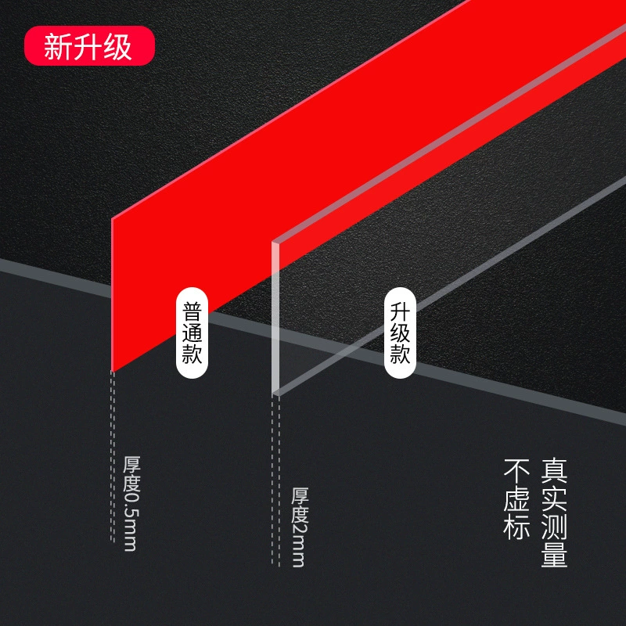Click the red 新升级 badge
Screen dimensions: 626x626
pos(89,45)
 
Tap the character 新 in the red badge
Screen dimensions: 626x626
pos(58,46)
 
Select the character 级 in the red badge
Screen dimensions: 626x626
pos(118,46)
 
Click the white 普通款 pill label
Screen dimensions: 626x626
pos(192,333)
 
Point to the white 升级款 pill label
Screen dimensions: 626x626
pos(400,333)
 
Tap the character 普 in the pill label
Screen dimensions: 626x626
pos(192,311)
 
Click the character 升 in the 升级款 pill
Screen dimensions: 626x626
pos(400,311)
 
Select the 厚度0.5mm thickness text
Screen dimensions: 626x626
pos(131,503)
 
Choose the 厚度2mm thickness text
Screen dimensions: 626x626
pos(300,527)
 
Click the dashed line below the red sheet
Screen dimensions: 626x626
pos(113,456)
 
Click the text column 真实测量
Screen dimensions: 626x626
pos(554,513)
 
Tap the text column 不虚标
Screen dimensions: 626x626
pos(516,499)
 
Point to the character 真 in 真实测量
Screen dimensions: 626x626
pos(554,472)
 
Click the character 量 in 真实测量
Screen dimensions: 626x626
pos(554,554)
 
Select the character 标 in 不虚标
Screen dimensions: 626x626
pos(516,527)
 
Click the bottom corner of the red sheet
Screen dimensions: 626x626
pos(113,371)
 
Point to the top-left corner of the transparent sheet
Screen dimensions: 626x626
pos(272,242)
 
